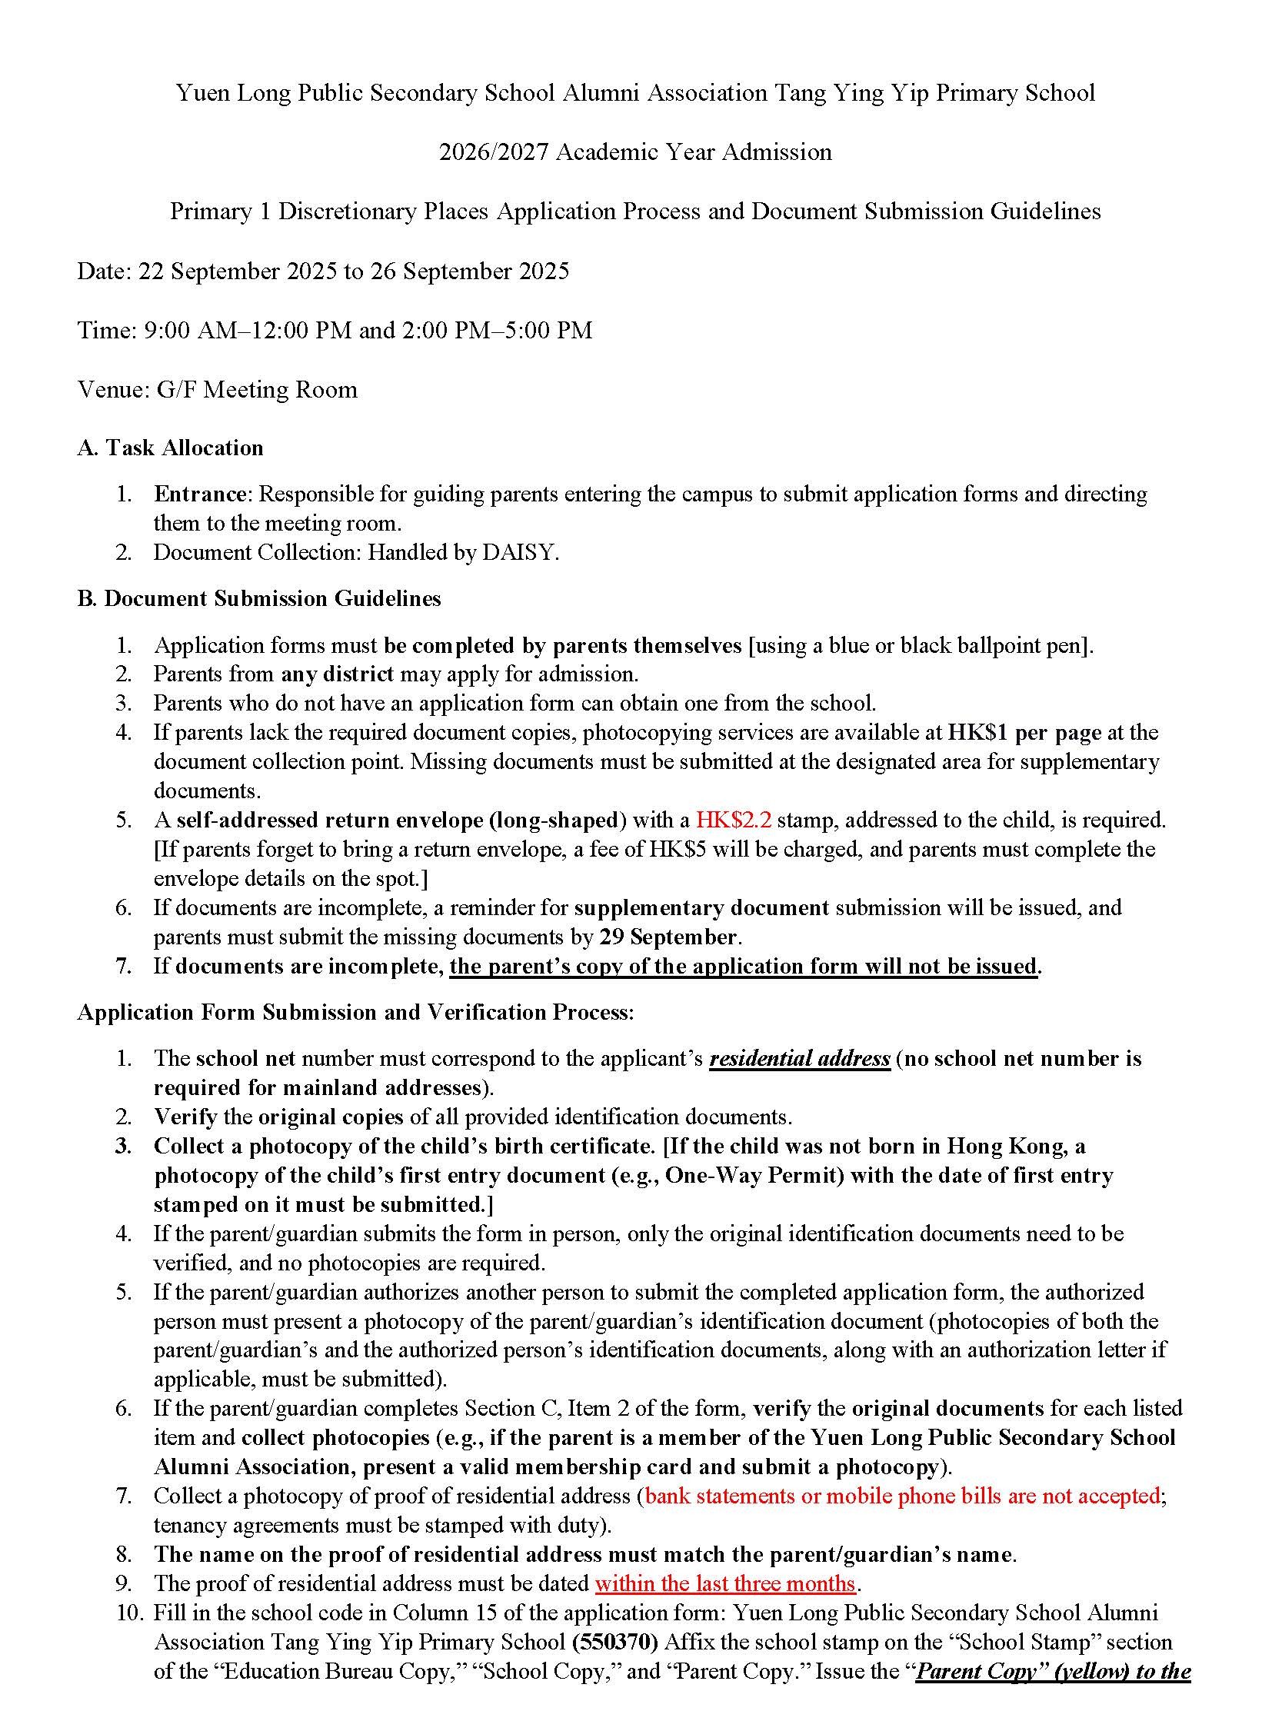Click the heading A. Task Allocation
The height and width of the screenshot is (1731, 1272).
pyautogui.click(x=170, y=448)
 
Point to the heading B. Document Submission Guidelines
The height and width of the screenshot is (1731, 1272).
pyautogui.click(x=259, y=598)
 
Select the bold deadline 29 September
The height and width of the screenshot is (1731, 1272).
pyautogui.click(x=668, y=937)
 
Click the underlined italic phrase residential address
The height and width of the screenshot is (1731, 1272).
pyautogui.click(x=799, y=1058)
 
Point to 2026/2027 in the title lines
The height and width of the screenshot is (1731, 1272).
pyautogui.click(x=494, y=151)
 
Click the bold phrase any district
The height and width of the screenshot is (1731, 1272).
pyautogui.click(x=337, y=674)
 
